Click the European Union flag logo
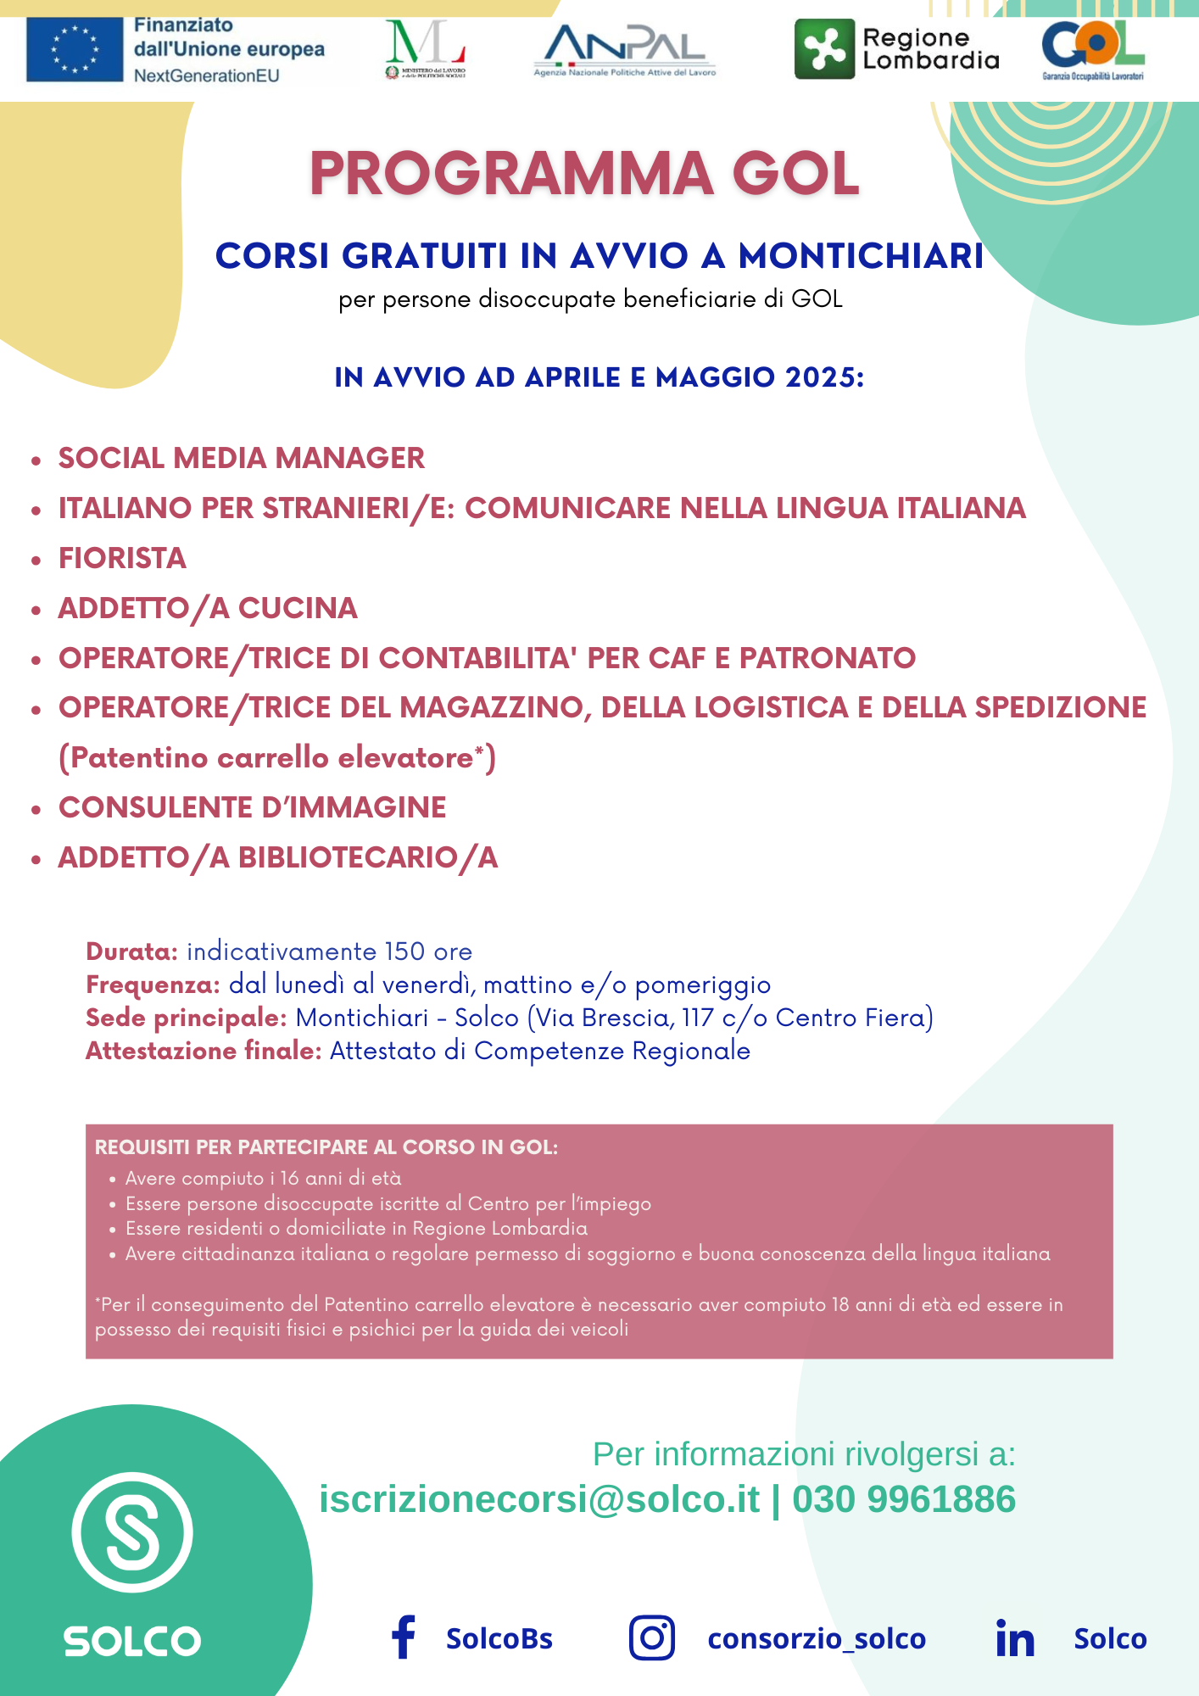pyautogui.click(x=75, y=50)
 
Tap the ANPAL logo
pyautogui.click(x=625, y=49)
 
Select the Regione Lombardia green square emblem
pyautogui.click(x=824, y=49)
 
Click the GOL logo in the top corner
pyautogui.click(x=1092, y=49)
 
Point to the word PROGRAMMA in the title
pyautogui.click(x=512, y=174)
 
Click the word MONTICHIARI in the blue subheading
pyautogui.click(x=861, y=256)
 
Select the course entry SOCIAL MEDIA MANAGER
pyautogui.click(x=242, y=459)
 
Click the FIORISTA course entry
pyautogui.click(x=122, y=559)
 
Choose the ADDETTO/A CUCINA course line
pyautogui.click(x=208, y=609)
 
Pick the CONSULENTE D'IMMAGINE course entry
pyautogui.click(x=252, y=808)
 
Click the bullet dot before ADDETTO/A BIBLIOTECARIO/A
pyautogui.click(x=36, y=860)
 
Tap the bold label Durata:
pyautogui.click(x=131, y=951)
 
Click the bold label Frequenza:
pyautogui.click(x=153, y=985)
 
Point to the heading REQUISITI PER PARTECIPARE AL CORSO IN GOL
pyautogui.click(x=326, y=1147)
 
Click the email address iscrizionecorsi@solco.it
pyautogui.click(x=539, y=1499)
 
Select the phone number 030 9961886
pyautogui.click(x=904, y=1499)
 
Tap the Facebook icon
pyautogui.click(x=404, y=1637)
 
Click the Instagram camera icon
pyautogui.click(x=652, y=1637)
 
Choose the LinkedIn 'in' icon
pyautogui.click(x=1015, y=1638)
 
